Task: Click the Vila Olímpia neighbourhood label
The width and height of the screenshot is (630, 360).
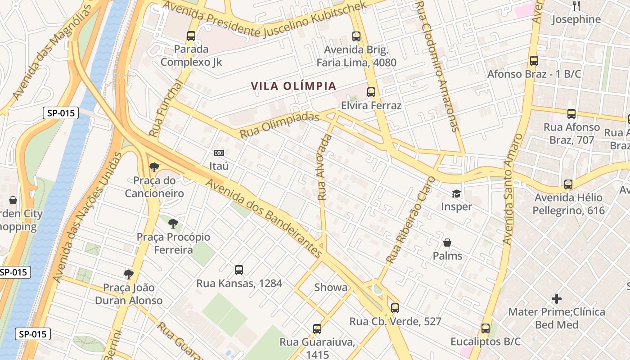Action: (x=293, y=86)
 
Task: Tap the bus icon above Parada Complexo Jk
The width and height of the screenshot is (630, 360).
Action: (x=191, y=36)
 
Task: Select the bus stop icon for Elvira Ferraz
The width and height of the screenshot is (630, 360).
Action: (x=371, y=92)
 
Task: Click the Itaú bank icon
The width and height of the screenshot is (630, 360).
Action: (x=219, y=153)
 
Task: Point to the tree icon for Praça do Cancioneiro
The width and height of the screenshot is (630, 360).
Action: (x=154, y=167)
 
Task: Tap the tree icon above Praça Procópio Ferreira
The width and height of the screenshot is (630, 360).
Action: (x=173, y=224)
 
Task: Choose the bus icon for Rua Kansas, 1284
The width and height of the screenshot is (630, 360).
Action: (x=239, y=270)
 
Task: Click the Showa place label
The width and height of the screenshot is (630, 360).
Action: (x=331, y=287)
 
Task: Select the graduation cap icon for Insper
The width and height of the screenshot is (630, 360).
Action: (x=456, y=194)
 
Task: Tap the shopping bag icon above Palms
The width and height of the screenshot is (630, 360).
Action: (x=447, y=243)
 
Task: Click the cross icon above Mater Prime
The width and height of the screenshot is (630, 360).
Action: (x=557, y=298)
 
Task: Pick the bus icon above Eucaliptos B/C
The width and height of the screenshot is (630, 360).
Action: (x=486, y=328)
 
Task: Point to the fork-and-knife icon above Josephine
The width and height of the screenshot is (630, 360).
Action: (x=576, y=5)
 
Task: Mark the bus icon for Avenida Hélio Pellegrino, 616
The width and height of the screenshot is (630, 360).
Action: (x=568, y=184)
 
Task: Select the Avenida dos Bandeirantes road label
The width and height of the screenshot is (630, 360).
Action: (x=264, y=218)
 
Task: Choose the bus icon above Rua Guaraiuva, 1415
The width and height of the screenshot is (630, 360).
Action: (x=317, y=329)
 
